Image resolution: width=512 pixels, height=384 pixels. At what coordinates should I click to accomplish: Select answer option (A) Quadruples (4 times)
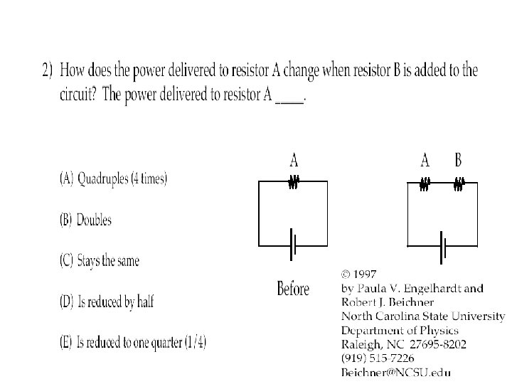(113, 179)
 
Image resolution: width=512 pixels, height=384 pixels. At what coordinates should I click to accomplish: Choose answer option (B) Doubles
(85, 220)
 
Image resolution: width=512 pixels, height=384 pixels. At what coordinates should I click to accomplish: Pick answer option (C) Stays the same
(99, 260)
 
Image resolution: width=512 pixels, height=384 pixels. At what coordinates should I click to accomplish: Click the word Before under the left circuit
(293, 289)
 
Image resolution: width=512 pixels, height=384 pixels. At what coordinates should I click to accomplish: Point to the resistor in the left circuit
(292, 183)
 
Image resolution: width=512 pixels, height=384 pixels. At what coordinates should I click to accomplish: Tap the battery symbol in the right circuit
(443, 245)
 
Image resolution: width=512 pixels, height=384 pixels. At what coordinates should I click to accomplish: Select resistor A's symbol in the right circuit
(425, 184)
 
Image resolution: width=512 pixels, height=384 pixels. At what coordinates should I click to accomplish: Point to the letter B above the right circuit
(459, 160)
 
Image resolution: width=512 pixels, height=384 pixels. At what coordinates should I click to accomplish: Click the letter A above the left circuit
(293, 160)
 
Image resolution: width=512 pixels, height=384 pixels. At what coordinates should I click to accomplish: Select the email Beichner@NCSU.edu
(396, 371)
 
